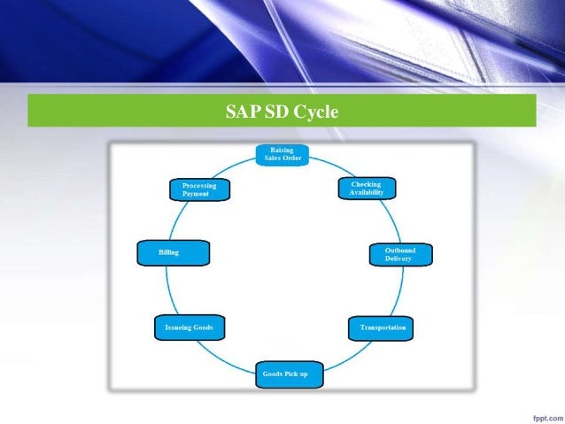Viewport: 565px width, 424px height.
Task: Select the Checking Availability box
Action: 365,189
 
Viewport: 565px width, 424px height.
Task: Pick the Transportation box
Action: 382,328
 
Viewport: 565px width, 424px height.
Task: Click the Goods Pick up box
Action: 289,374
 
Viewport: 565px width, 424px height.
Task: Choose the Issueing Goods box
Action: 189,328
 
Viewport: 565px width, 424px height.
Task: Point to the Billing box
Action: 174,253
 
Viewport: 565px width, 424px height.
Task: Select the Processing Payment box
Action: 199,189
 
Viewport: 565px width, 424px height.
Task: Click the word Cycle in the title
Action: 316,112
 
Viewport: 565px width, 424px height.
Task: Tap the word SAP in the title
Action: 240,112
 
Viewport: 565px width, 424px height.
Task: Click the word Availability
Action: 366,193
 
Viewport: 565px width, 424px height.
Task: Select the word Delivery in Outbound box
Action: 398,258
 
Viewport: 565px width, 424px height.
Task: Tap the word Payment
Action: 196,194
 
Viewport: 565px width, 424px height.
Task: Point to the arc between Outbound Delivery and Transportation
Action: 399,292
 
